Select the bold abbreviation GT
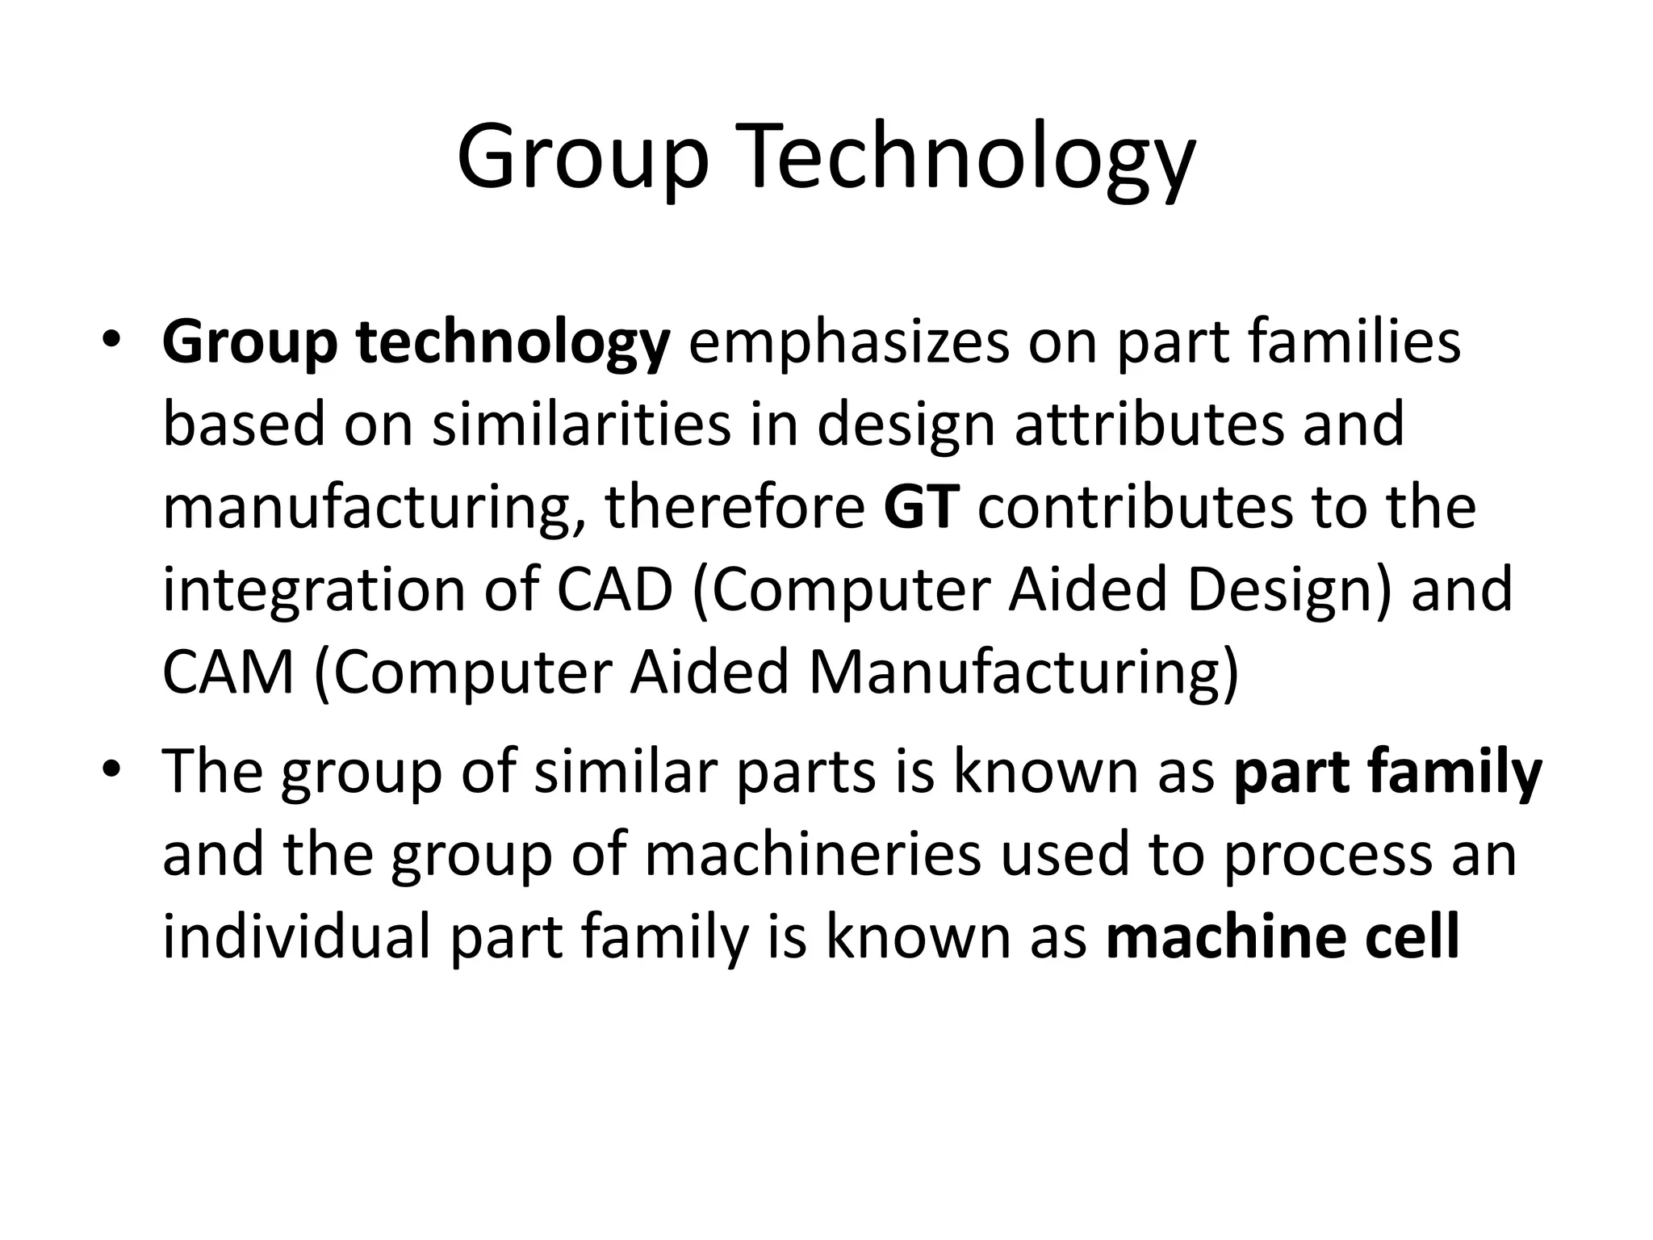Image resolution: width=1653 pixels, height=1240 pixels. (x=921, y=508)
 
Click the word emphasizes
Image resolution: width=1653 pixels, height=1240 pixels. (x=848, y=343)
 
